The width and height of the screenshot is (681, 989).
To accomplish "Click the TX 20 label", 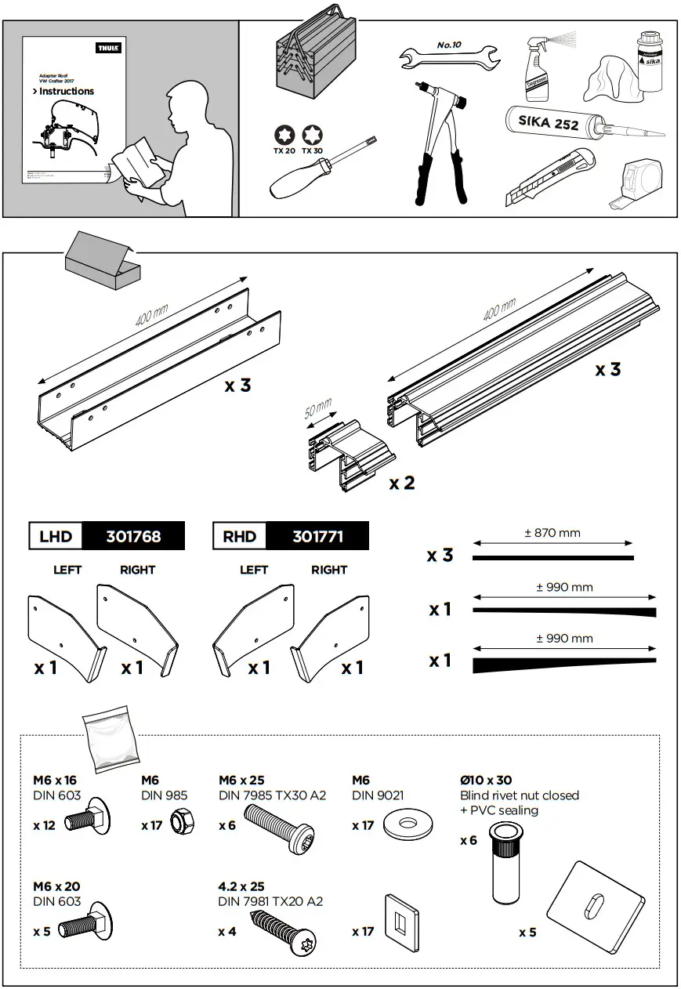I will (x=284, y=150).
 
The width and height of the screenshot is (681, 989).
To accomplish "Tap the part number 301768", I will (x=133, y=536).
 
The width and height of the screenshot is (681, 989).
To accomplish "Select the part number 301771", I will (x=317, y=536).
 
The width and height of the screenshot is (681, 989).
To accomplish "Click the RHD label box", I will (x=240, y=536).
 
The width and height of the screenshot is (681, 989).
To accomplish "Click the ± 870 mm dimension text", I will (x=552, y=533).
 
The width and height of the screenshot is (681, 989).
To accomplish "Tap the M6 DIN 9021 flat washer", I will (x=408, y=824).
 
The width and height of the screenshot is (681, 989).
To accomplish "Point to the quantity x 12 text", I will (x=44, y=825).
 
